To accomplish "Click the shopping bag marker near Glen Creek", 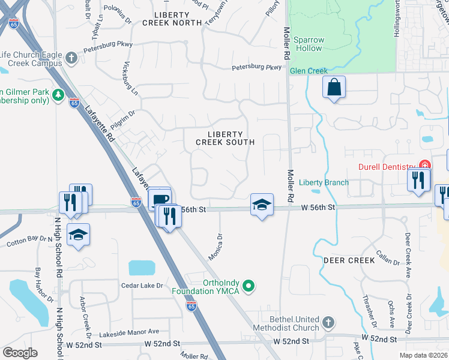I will [x=334, y=87].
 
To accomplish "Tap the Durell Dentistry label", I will [x=387, y=167].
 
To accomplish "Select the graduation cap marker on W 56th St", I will [x=262, y=205].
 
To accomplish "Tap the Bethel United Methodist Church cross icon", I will [x=328, y=323].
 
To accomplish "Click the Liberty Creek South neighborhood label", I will [x=225, y=138].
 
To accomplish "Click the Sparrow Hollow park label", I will [x=309, y=44].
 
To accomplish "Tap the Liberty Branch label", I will [x=324, y=182].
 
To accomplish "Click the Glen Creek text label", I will [x=309, y=71].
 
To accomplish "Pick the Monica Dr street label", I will [x=215, y=246].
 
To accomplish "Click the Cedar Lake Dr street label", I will [x=142, y=286].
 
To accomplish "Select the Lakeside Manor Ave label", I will [x=129, y=331].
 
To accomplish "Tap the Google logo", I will [x=20, y=353].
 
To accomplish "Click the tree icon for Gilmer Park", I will [x=58, y=95].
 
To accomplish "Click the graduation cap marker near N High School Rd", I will [x=78, y=235].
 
